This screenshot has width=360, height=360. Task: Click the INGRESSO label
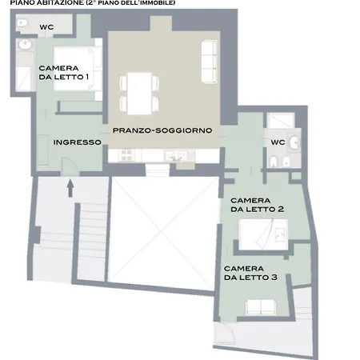point(78,142)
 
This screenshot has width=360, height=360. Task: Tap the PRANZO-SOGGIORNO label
point(162,130)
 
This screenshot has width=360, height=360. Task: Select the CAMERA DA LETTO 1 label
point(64,73)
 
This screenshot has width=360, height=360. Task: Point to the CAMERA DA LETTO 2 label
point(257,205)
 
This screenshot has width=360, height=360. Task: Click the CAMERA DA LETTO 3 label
point(250,273)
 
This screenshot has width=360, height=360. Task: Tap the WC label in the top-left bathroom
point(46,27)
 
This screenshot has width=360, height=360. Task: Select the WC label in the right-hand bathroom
point(278,142)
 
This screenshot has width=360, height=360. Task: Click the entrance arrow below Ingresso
point(70,188)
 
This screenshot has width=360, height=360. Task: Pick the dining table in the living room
point(139,94)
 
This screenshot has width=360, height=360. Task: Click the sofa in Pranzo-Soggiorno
point(209,62)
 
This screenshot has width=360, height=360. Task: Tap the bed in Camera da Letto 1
point(74,69)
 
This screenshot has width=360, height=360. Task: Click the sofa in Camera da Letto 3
point(261,307)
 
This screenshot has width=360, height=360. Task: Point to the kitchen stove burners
point(126,155)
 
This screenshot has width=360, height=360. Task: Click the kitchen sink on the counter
point(176,156)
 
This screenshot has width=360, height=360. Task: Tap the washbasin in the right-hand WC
point(295,142)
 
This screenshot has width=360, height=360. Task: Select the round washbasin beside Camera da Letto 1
point(26,45)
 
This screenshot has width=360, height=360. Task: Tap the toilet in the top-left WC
point(22,23)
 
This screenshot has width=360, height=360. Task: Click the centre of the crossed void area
point(162,233)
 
